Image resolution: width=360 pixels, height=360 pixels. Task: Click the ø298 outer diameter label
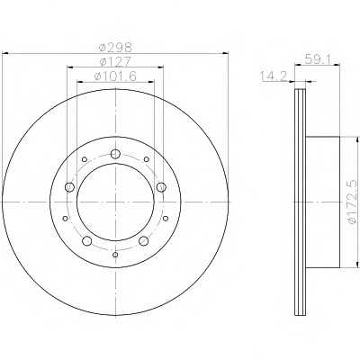pyautogui.click(x=115, y=48)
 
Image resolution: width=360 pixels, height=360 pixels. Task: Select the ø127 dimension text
pyautogui.click(x=115, y=62)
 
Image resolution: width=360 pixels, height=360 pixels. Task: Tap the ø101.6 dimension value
pyautogui.click(x=115, y=76)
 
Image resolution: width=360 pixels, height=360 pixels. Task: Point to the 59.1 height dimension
pyautogui.click(x=318, y=58)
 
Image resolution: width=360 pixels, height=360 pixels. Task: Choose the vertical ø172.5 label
pyautogui.click(x=353, y=202)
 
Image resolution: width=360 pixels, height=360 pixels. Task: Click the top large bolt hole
pyautogui.click(x=115, y=154)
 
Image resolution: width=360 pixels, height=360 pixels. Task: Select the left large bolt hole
pyautogui.click(x=69, y=187)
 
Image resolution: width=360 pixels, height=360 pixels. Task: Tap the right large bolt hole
pyautogui.click(x=161, y=187)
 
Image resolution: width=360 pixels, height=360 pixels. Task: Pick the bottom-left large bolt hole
pyautogui.click(x=87, y=240)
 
